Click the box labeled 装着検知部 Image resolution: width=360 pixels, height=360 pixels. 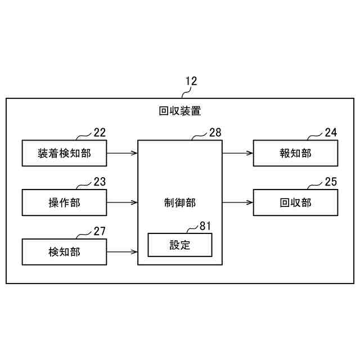(64, 153)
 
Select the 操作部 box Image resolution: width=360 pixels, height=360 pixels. (64, 202)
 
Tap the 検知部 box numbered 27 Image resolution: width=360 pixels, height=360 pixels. (64, 252)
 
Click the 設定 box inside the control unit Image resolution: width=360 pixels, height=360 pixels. (180, 245)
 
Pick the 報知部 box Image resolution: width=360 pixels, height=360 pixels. (295, 153)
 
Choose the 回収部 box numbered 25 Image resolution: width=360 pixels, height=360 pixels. (295, 202)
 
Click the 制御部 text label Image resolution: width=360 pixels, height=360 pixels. (180, 202)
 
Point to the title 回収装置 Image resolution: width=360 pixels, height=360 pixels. (180, 111)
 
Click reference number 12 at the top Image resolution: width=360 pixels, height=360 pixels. (191, 81)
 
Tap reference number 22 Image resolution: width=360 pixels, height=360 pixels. (100, 133)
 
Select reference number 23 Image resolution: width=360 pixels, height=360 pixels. (100, 182)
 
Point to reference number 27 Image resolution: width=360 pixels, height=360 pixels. (100, 231)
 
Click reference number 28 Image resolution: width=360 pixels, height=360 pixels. (215, 133)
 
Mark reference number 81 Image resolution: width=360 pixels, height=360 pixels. (206, 226)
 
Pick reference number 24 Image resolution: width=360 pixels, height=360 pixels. (331, 133)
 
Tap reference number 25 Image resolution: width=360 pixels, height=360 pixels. (331, 182)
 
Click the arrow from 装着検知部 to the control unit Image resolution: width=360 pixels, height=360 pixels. (122, 152)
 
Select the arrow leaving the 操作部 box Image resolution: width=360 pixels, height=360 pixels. (122, 202)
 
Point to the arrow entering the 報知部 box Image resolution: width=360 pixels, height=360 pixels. (237, 152)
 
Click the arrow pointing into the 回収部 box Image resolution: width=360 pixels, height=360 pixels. (237, 202)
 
